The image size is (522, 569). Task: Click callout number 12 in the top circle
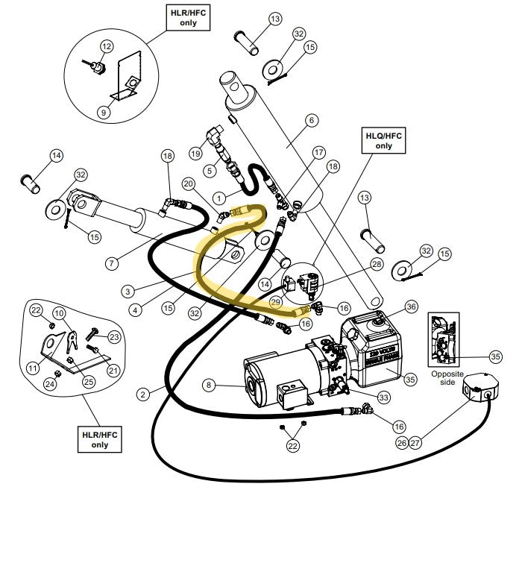click(x=106, y=46)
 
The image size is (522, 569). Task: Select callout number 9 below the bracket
click(x=104, y=113)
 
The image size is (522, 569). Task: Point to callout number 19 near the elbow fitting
click(x=196, y=153)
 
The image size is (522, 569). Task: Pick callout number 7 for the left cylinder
click(x=113, y=263)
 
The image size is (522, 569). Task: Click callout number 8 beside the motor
click(x=210, y=386)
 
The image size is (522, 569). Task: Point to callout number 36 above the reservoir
click(x=412, y=306)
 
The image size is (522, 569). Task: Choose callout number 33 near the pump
click(x=383, y=397)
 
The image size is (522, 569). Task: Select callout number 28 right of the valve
click(x=376, y=265)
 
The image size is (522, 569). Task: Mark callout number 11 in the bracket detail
click(x=33, y=367)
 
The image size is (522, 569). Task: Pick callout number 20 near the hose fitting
click(x=188, y=183)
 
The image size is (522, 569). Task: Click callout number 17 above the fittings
click(x=318, y=153)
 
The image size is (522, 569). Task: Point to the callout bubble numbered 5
click(x=210, y=171)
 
